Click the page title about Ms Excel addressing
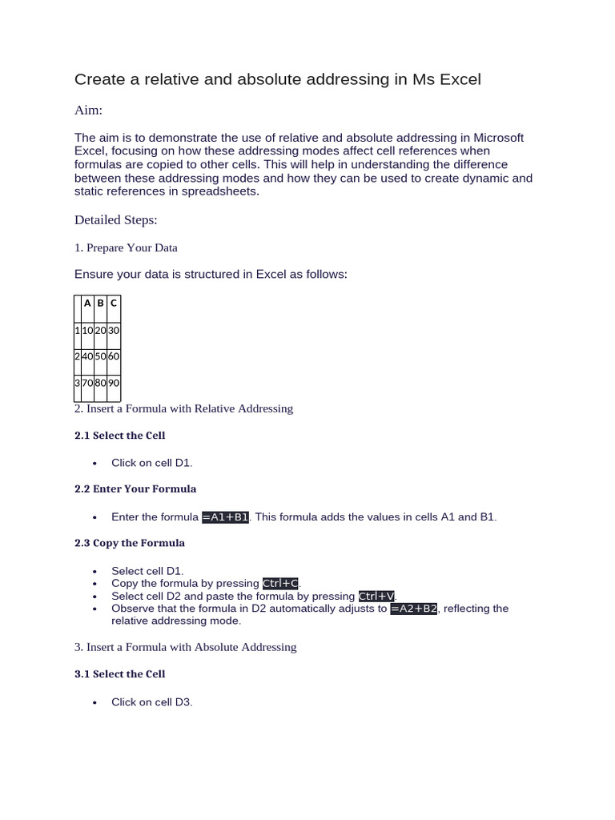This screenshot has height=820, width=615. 277,79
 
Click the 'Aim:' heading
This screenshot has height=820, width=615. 88,109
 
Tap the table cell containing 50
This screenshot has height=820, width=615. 100,356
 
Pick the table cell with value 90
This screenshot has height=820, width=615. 114,383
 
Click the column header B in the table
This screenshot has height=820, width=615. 100,303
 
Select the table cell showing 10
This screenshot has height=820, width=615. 87,330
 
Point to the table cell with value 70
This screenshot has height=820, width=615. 87,383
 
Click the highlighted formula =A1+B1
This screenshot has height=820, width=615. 226,517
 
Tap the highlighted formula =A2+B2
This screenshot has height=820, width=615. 414,609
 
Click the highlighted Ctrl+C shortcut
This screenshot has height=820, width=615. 281,584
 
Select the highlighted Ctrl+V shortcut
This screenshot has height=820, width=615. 376,597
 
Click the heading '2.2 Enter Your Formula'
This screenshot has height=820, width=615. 135,488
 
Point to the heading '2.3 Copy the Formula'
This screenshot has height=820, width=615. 130,543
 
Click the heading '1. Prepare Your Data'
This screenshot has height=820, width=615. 126,247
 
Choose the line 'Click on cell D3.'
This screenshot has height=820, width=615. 152,702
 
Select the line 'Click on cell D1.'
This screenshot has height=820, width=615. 152,463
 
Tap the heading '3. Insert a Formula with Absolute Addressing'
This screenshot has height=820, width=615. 186,647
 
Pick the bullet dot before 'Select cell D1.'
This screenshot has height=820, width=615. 95,572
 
